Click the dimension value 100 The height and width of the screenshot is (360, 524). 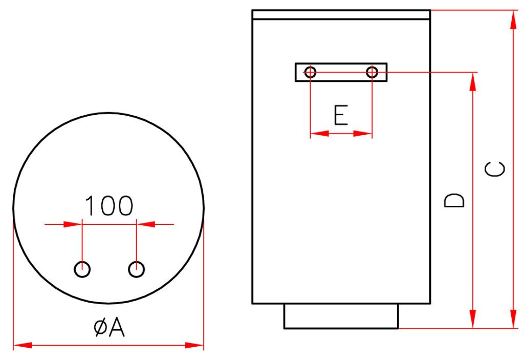(109, 205)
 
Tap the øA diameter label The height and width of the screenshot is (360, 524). (109, 327)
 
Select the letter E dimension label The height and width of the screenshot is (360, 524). (341, 115)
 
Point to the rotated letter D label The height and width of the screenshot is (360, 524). (454, 200)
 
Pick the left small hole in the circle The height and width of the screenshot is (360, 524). (82, 269)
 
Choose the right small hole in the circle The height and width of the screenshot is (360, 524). (136, 269)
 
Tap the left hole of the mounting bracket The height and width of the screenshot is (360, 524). (311, 72)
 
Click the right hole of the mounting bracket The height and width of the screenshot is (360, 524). (372, 72)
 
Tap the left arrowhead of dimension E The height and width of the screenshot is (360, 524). (320, 134)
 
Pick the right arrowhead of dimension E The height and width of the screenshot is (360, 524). (363, 134)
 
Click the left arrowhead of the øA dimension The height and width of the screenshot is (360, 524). (23, 345)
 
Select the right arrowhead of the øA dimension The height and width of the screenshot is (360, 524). (194, 345)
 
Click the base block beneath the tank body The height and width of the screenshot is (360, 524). (341, 316)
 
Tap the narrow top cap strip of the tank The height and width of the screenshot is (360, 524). (341, 15)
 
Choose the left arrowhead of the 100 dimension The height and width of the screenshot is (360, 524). (73, 224)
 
